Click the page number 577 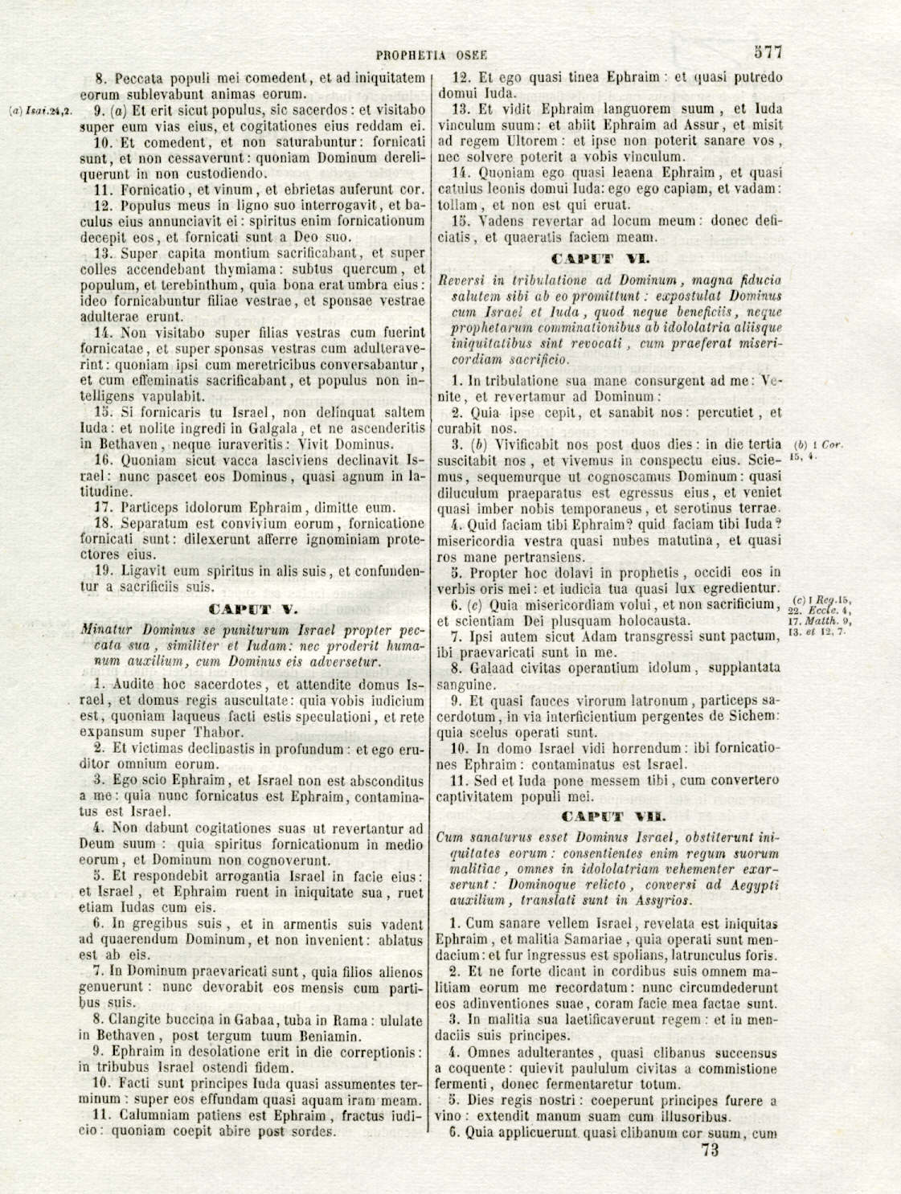click(x=768, y=53)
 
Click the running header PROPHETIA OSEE click(x=432, y=55)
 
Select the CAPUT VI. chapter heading click(x=599, y=259)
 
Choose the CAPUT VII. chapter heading click(x=604, y=816)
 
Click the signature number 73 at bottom click(x=710, y=1150)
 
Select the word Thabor click(x=217, y=732)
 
